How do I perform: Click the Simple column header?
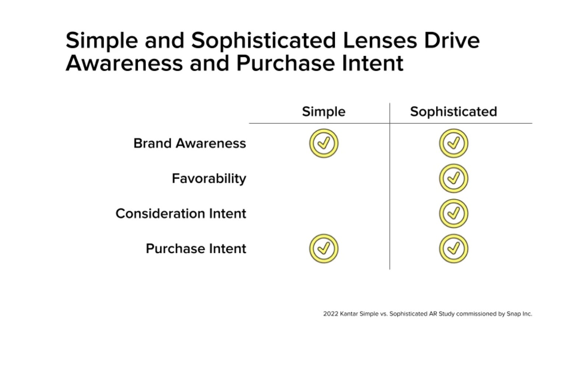323,112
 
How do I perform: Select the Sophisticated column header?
453,112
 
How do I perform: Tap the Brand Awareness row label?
190,143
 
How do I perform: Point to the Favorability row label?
209,179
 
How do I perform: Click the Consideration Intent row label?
181,213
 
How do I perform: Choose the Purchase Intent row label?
196,248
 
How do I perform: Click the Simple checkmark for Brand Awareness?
324,143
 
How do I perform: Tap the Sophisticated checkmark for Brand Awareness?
454,143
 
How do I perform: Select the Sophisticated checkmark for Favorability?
454,178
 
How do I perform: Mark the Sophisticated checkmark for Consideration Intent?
454,213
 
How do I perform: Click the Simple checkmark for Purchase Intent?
324,248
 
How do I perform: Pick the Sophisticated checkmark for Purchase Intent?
454,248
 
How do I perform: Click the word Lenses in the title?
380,41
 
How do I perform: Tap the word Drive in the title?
452,41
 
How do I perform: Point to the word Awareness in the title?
124,63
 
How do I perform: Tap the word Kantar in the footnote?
349,314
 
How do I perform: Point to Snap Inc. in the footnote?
519,314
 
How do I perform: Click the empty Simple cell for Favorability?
324,178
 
